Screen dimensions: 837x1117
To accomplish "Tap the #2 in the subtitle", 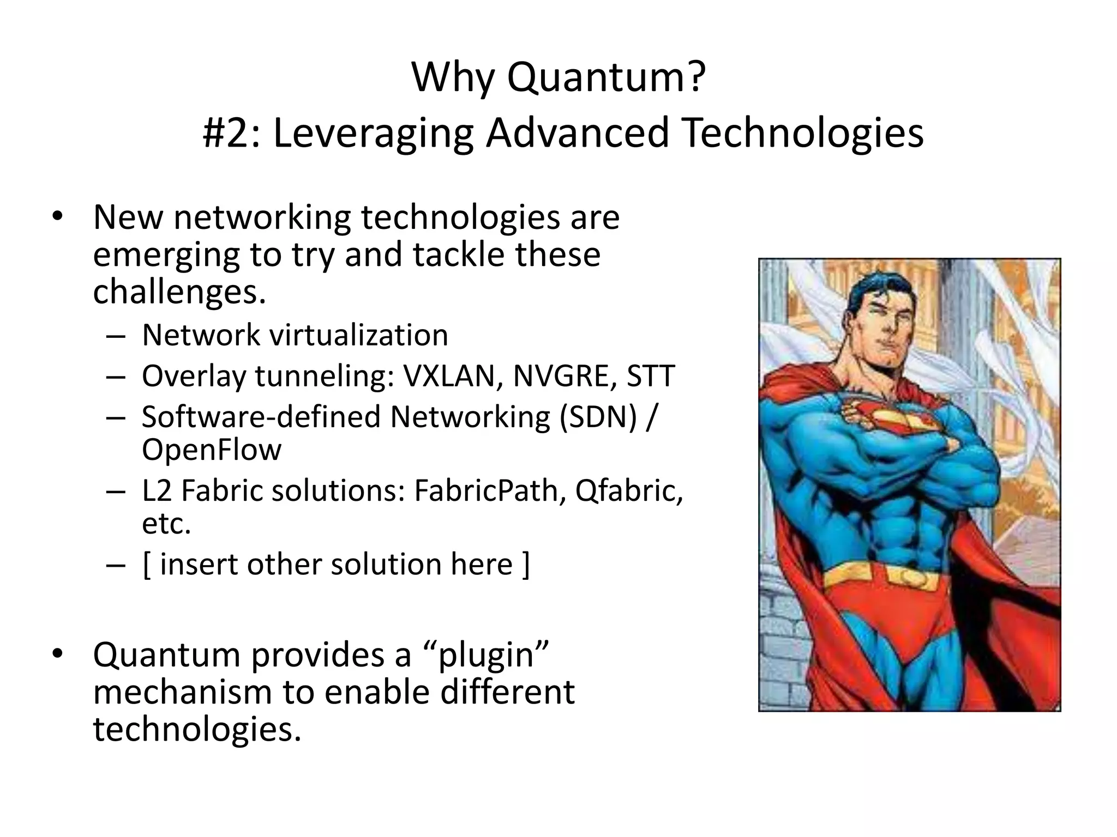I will (230, 134).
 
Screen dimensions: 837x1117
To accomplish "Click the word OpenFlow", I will (212, 450).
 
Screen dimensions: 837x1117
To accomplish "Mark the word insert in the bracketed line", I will (199, 564).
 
